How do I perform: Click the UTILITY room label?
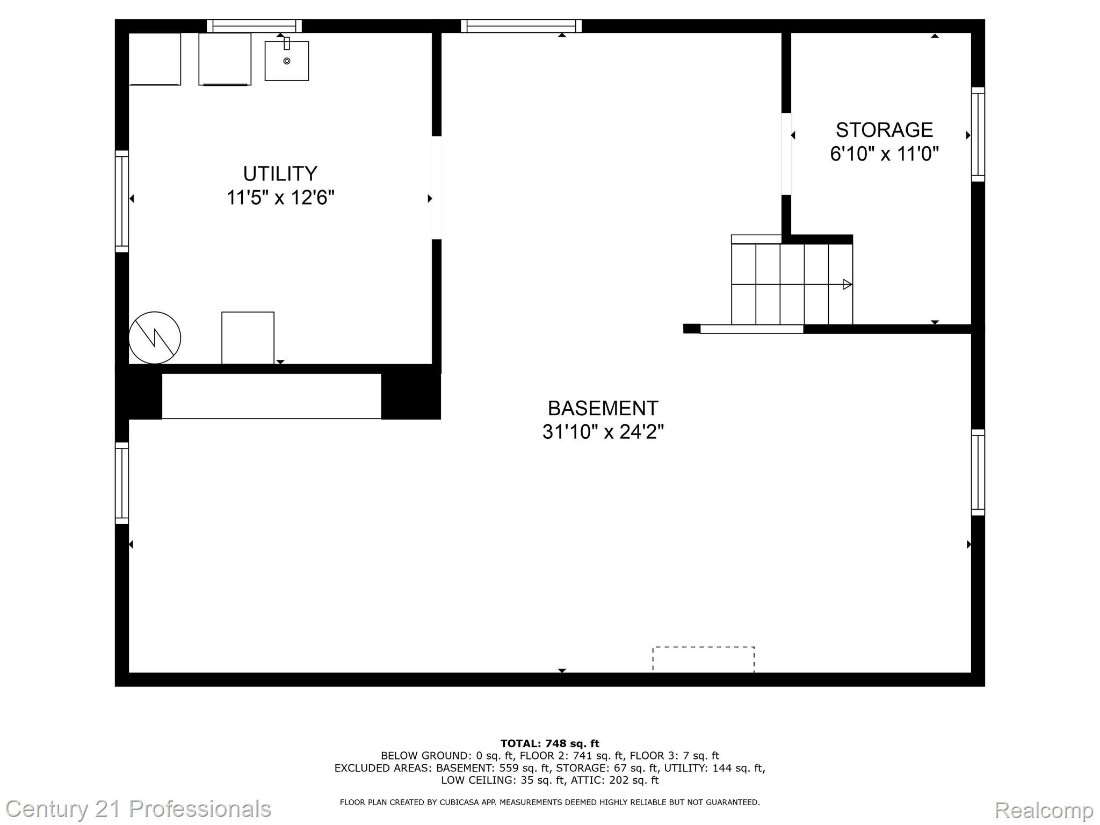pyautogui.click(x=280, y=174)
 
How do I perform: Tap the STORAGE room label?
pyautogui.click(x=884, y=130)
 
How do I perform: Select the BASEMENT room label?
pyautogui.click(x=603, y=408)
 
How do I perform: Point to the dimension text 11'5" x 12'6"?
pyautogui.click(x=280, y=198)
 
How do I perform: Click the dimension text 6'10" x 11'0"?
pyautogui.click(x=884, y=154)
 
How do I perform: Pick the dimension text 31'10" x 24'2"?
pyautogui.click(x=603, y=432)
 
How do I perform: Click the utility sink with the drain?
pyautogui.click(x=287, y=61)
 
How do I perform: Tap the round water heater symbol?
pyautogui.click(x=155, y=338)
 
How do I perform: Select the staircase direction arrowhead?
pyautogui.click(x=847, y=284)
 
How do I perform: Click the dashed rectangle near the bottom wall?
pyautogui.click(x=703, y=660)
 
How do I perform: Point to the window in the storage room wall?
pyautogui.click(x=978, y=134)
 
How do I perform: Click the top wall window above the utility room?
pyautogui.click(x=254, y=26)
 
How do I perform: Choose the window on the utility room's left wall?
pyautogui.click(x=122, y=201)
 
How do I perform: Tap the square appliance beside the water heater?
pyautogui.click(x=248, y=338)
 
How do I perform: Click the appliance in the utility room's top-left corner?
pyautogui.click(x=155, y=59)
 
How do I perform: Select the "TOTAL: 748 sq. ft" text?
pyautogui.click(x=549, y=743)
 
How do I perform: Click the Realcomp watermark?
pyautogui.click(x=1044, y=809)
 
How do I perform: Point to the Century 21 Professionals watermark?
pyautogui.click(x=138, y=809)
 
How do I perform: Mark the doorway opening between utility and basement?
pyautogui.click(x=437, y=187)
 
